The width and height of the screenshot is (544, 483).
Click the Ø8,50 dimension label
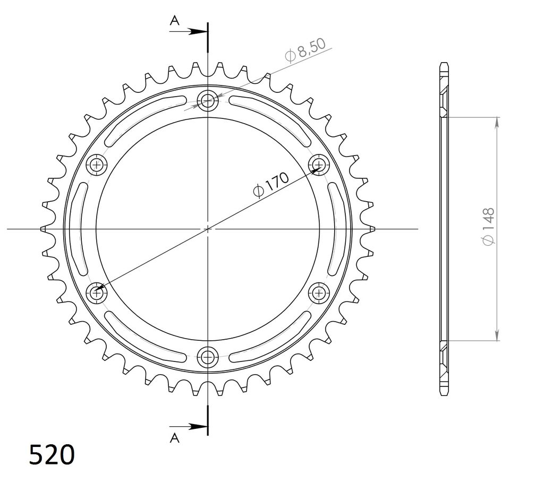pos(305,50)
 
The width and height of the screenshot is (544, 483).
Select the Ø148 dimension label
pos(488,227)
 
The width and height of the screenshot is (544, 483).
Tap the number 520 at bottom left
pos(52,454)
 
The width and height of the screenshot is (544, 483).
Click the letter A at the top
pos(174,21)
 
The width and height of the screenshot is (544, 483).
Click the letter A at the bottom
pos(174,438)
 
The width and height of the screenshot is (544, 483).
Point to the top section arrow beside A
pos(189,31)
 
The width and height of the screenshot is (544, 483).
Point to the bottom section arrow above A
pos(189,427)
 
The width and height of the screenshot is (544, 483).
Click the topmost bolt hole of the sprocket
pos(208,101)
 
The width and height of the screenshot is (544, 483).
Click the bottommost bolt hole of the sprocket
pos(208,356)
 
